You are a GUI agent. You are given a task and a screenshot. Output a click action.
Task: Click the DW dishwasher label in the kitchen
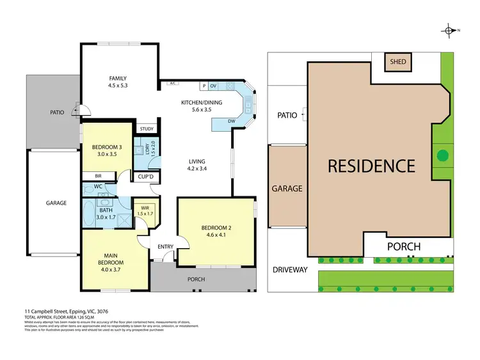click(231, 121)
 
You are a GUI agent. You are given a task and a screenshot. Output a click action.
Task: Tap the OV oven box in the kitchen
click(213, 86)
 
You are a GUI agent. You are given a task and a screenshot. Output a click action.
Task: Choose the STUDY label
click(147, 129)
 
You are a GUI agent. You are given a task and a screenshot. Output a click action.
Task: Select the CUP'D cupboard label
click(144, 176)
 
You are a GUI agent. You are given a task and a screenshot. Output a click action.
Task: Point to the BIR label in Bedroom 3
click(98, 176)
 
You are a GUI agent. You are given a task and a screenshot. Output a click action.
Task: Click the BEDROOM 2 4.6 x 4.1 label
click(215, 231)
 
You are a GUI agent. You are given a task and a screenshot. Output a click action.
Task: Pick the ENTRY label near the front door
click(164, 247)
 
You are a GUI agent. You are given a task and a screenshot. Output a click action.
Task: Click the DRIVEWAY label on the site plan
click(292, 270)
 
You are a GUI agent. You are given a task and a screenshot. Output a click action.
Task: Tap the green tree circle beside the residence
click(441, 154)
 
